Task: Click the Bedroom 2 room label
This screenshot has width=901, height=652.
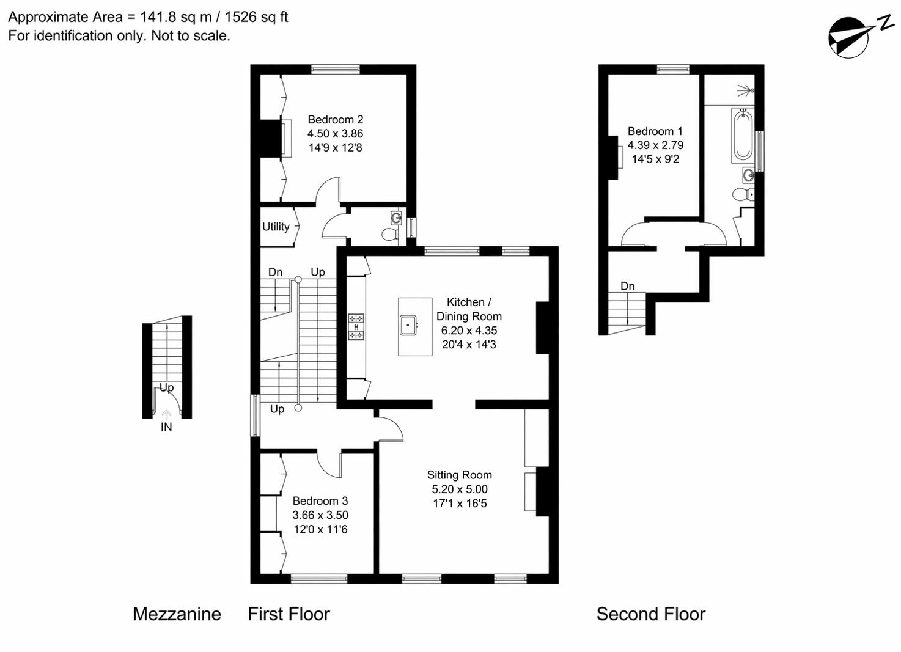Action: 335,120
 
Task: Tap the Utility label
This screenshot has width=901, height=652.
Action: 276,227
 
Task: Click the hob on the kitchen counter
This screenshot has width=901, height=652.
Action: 356,327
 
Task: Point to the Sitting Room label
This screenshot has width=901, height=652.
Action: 459,475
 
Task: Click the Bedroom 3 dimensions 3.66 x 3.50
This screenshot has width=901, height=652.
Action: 320,515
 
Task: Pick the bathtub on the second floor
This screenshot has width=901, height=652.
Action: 743,135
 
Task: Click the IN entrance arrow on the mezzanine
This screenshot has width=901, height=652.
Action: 166,415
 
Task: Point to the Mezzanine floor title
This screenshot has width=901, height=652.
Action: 177,614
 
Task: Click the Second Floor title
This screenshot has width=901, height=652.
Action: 650,614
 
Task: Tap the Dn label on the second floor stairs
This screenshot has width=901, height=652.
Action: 627,286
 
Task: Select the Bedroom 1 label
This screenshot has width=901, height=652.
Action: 655,131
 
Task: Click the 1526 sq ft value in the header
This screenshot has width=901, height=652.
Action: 256,17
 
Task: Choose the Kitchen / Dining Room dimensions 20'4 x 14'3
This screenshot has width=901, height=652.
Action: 469,345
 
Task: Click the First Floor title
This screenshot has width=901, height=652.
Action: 289,614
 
